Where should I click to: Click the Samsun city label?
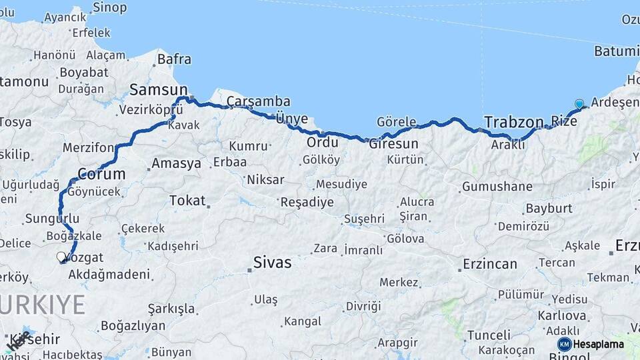coord(158,89)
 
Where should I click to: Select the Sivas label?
coord(272,263)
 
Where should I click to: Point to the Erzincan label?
coord(490,265)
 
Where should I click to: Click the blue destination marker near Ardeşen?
coord(579,104)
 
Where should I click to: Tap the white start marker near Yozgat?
coord(61,257)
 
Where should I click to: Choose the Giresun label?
coord(393,143)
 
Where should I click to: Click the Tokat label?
coord(187,200)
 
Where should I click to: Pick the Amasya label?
coord(176,163)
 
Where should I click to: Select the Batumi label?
coord(617,51)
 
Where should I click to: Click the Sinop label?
coord(109,7)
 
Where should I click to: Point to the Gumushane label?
coord(497,187)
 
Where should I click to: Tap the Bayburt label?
coord(549,209)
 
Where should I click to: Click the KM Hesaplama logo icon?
coord(565,344)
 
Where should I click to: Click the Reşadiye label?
coord(307,202)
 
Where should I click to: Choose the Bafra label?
coord(174,59)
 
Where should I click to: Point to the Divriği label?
coord(363,306)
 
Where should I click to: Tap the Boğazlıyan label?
coord(133,326)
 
